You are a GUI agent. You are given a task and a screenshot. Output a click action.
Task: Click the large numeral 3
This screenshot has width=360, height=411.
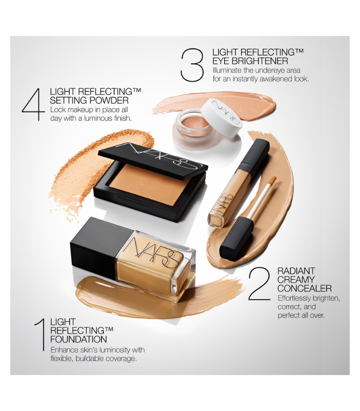pyautogui.click(x=192, y=65)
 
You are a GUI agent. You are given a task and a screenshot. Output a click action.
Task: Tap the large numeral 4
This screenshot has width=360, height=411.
pyautogui.click(x=33, y=104)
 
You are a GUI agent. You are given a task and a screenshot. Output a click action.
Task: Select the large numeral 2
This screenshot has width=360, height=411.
pyautogui.click(x=259, y=284)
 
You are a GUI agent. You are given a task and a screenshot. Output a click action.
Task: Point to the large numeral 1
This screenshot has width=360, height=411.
pyautogui.click(x=40, y=335)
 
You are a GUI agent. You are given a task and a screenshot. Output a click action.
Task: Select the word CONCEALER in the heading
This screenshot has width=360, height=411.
pyautogui.click(x=304, y=288)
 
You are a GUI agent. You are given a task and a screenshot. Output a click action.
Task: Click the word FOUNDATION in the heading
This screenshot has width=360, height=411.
pyautogui.click(x=79, y=339)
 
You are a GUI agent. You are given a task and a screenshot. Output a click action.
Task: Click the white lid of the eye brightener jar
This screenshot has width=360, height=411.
pyautogui.click(x=222, y=117)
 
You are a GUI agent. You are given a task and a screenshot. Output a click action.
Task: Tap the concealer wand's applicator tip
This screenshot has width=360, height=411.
pyautogui.click(x=272, y=180)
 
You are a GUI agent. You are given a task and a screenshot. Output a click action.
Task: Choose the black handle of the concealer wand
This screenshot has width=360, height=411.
pyautogui.click(x=236, y=238)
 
